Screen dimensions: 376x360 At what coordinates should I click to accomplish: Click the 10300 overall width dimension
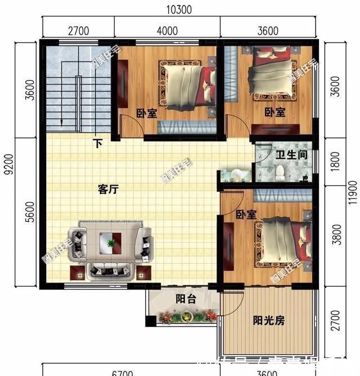(179, 9)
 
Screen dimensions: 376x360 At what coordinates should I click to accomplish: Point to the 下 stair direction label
(98, 144)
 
